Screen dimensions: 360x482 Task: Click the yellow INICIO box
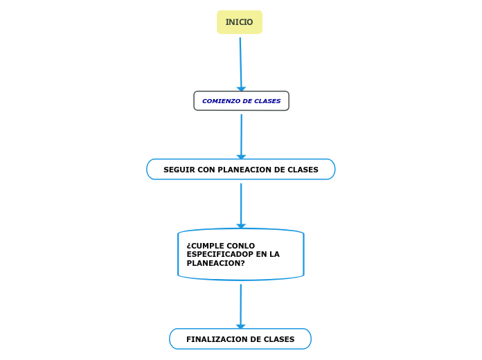(x=240, y=22)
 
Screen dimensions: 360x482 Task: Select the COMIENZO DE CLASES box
(x=241, y=101)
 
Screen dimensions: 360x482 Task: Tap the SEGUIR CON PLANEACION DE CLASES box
(x=240, y=170)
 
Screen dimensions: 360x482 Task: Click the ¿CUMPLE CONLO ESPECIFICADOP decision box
(x=240, y=255)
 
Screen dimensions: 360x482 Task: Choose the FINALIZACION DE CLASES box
(x=240, y=339)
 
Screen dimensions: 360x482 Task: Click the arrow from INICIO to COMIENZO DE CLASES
(x=241, y=62)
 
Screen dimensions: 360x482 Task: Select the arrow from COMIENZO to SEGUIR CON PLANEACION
(x=241, y=135)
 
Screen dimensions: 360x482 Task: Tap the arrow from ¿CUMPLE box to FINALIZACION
(x=241, y=305)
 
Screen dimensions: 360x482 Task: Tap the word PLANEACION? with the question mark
(x=215, y=264)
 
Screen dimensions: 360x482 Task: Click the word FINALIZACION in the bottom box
(x=215, y=339)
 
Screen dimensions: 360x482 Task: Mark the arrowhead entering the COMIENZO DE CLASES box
(x=241, y=89)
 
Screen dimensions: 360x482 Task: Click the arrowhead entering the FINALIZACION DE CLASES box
(x=241, y=326)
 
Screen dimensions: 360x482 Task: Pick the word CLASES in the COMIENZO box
(x=267, y=101)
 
